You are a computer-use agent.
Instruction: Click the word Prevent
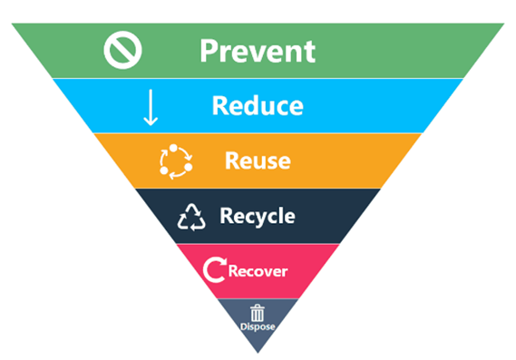(x=258, y=51)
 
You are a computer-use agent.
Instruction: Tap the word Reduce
(x=258, y=106)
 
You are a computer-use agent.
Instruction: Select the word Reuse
(x=258, y=161)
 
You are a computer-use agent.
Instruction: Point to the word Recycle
(x=257, y=217)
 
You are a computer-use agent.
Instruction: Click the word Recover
(x=258, y=271)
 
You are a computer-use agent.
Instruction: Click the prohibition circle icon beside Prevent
(x=122, y=51)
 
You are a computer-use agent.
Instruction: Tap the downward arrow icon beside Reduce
(x=151, y=106)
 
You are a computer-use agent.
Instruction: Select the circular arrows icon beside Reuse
(x=176, y=161)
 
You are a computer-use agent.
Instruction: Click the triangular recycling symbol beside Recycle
(x=191, y=217)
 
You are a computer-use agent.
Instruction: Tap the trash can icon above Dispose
(x=258, y=312)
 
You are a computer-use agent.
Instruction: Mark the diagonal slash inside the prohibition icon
(x=122, y=51)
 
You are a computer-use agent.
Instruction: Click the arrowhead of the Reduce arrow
(x=151, y=121)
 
